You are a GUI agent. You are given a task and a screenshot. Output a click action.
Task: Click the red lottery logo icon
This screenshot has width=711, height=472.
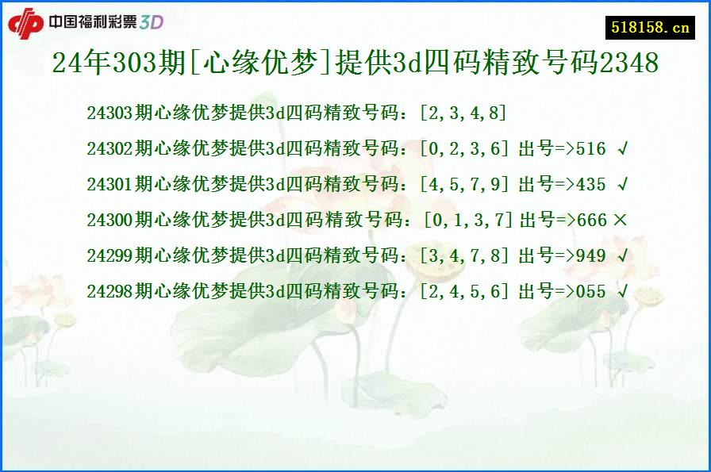point(25,22)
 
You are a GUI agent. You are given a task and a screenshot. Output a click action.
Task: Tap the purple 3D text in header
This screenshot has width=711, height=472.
point(152,22)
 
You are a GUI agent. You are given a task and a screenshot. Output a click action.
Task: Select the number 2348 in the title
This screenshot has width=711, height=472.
point(629,63)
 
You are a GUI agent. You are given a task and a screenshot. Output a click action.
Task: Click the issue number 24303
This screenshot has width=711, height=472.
point(109,113)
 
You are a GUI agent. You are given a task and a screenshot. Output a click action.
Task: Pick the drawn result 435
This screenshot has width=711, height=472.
point(591,185)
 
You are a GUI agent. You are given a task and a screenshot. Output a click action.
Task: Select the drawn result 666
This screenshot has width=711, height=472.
point(592,221)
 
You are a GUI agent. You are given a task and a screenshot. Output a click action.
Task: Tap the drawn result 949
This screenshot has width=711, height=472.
point(591,256)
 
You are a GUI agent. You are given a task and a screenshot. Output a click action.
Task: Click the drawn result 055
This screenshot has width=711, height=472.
point(591,292)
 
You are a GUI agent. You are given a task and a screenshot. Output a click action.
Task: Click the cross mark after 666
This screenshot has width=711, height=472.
point(620,221)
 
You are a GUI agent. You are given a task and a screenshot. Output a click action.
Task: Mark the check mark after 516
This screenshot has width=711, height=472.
point(622,149)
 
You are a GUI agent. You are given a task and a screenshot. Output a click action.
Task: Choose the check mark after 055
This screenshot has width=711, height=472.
point(622,292)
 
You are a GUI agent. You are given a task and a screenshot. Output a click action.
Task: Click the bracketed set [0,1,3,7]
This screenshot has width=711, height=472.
point(470,221)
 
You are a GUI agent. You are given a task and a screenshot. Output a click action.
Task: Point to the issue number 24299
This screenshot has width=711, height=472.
point(109,256)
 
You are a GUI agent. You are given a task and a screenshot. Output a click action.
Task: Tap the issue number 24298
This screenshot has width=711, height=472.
point(109,292)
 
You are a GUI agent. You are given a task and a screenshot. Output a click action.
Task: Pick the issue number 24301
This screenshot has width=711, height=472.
point(109,185)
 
